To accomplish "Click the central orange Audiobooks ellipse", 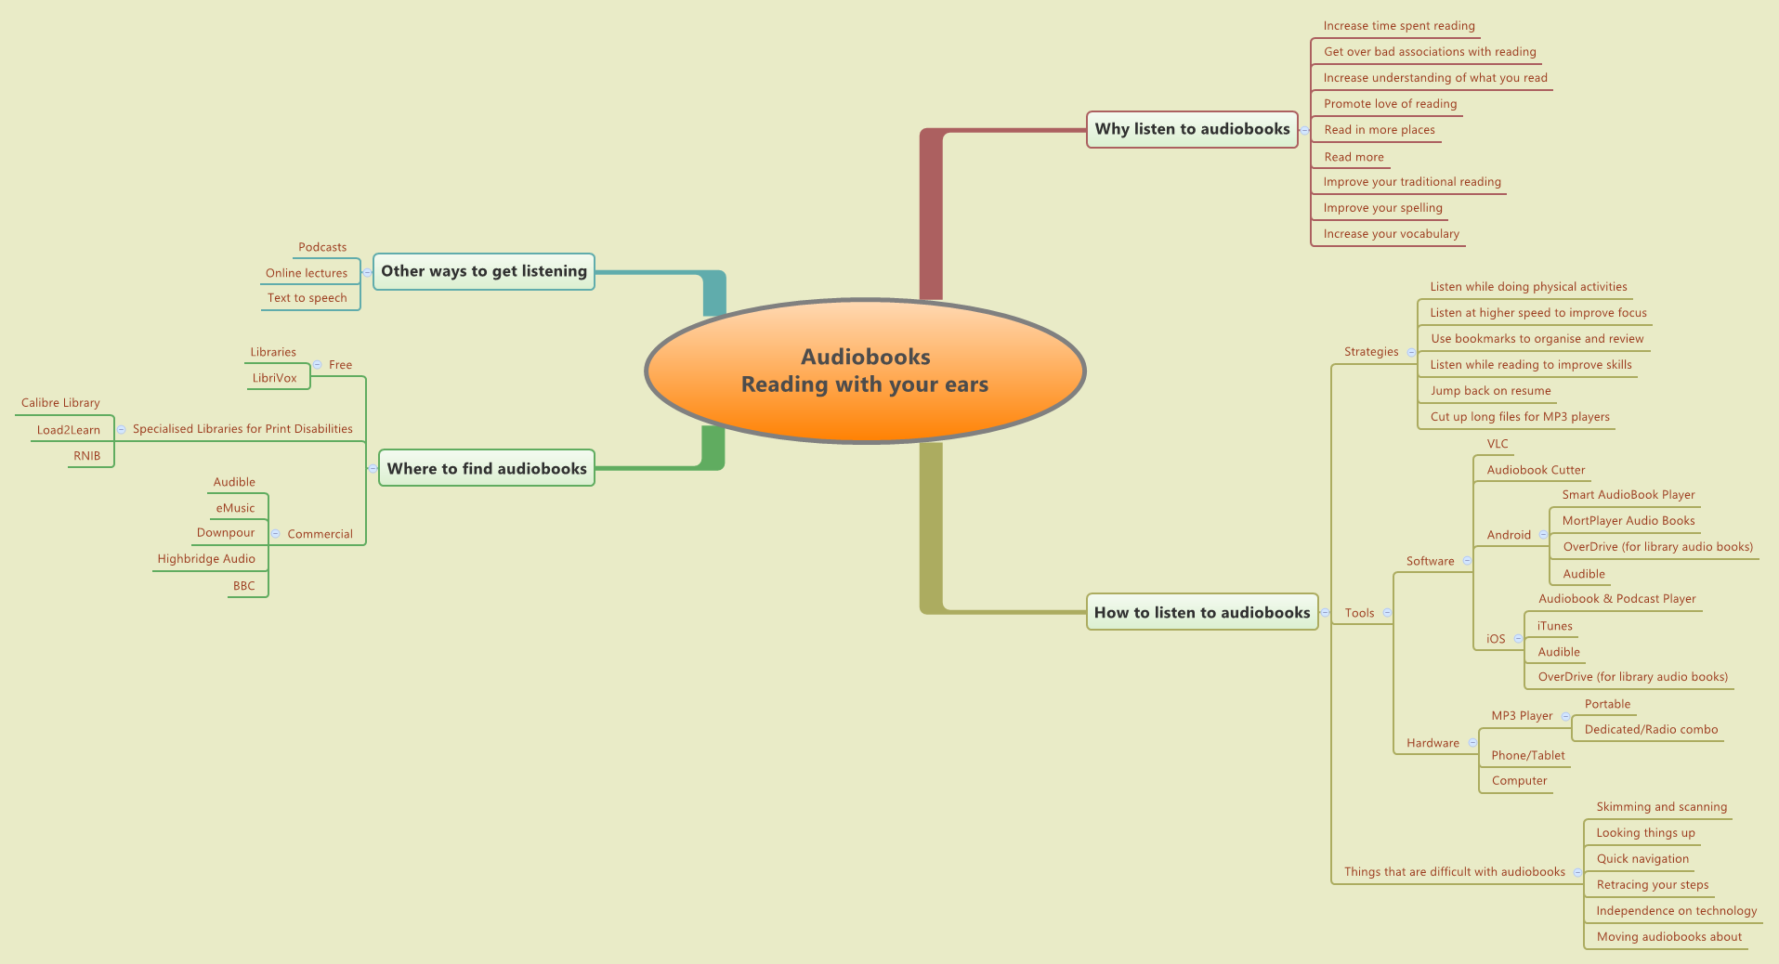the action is pyautogui.click(x=865, y=371).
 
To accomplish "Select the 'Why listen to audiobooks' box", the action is pyautogui.click(x=1192, y=129).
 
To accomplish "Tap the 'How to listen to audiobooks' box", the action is pyautogui.click(x=1202, y=613).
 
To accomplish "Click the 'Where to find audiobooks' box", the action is pyautogui.click(x=487, y=469).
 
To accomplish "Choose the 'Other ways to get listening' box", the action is pyautogui.click(x=484, y=271).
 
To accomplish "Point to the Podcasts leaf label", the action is pyautogui.click(x=322, y=247).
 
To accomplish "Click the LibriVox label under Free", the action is pyautogui.click(x=275, y=378).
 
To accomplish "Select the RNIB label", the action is pyautogui.click(x=87, y=456).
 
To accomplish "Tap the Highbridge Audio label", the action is pyautogui.click(x=206, y=559).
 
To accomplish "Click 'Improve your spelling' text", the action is pyautogui.click(x=1382, y=208).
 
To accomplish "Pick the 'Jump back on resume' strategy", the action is pyautogui.click(x=1490, y=391).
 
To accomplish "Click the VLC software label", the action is pyautogui.click(x=1498, y=444).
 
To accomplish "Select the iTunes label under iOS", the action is pyautogui.click(x=1554, y=626).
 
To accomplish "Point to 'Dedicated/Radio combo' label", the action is pyautogui.click(x=1651, y=730).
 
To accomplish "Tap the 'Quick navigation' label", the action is pyautogui.click(x=1642, y=859).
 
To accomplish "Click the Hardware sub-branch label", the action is pyautogui.click(x=1432, y=743).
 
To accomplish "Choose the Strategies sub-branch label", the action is pyautogui.click(x=1371, y=352).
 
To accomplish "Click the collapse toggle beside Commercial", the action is pyautogui.click(x=276, y=534).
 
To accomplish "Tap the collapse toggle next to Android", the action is pyautogui.click(x=1543, y=535).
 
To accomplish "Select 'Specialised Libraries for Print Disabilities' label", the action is pyautogui.click(x=242, y=429).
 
